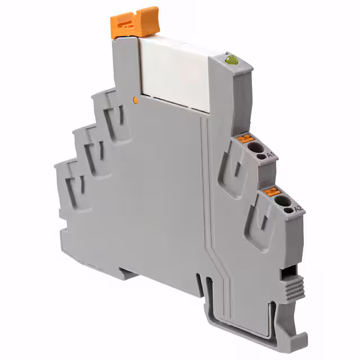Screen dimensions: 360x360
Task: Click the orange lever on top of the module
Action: click(135, 23)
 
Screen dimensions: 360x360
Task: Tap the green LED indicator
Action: click(232, 60)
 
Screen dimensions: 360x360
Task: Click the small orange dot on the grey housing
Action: click(136, 100)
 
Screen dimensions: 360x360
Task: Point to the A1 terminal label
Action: click(271, 155)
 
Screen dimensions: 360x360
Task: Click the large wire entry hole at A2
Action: click(283, 201)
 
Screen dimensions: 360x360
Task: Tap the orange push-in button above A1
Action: click(245, 138)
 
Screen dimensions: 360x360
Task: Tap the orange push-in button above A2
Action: click(272, 191)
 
